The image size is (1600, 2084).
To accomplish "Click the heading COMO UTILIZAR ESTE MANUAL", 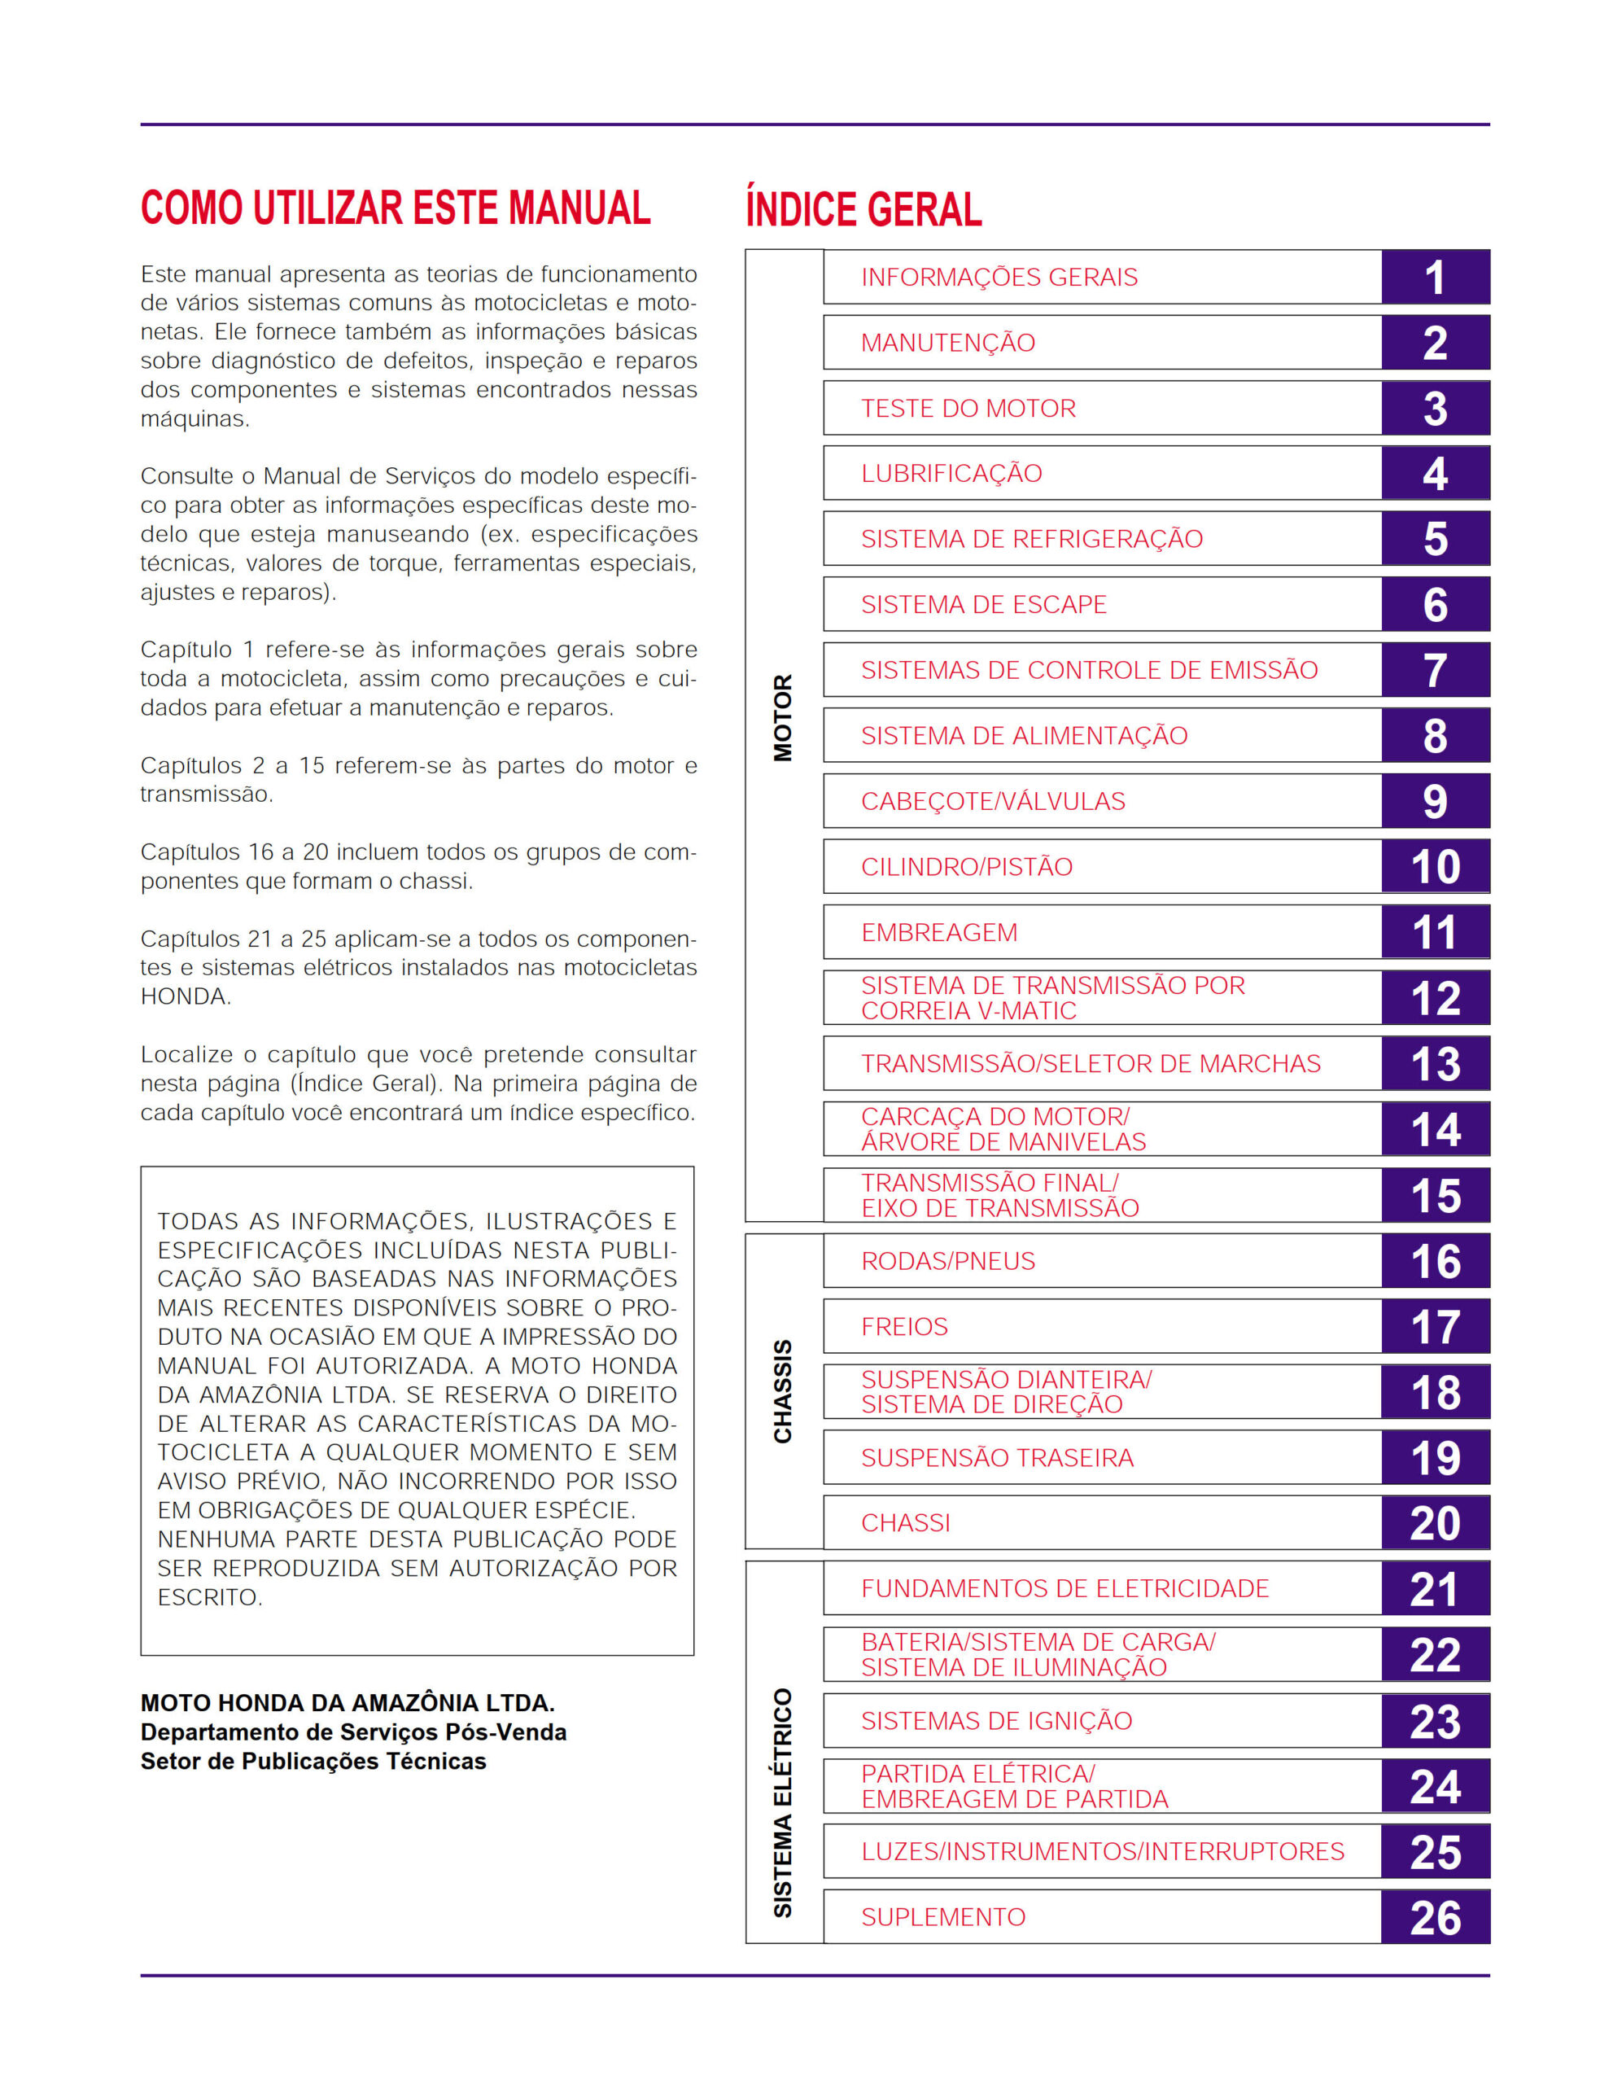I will pos(396,208).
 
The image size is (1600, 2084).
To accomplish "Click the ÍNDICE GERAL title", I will pos(863,209).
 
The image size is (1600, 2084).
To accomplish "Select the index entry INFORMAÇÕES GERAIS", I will pos(999,277).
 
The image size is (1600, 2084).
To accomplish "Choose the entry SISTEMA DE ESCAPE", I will pos(984,605).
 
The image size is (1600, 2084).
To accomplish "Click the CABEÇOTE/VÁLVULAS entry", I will pos(992,801).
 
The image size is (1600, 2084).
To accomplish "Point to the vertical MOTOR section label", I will pos(783,718).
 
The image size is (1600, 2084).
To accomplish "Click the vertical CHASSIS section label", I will pos(783,1391).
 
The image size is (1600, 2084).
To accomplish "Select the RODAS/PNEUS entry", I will pos(947,1261).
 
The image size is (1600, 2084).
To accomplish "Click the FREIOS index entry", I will pos(904,1327).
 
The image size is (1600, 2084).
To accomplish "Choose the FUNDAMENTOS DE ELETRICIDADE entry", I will pos(1064,1589).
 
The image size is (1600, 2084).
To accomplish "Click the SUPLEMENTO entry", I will pos(943,1917).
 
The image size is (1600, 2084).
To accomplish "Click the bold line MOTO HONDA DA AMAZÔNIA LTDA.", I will pos(348,1703).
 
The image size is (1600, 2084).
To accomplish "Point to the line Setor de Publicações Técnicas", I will pos(313,1761).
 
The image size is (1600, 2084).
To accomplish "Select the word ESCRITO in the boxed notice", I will pos(208,1597).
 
